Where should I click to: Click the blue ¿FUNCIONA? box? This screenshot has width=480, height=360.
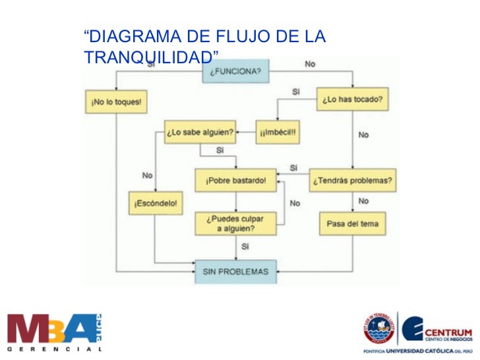(x=235, y=72)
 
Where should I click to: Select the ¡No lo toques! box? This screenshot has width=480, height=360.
(x=116, y=103)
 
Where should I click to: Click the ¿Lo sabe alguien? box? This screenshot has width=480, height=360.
(x=200, y=134)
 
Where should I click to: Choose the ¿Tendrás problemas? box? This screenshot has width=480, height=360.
(x=353, y=180)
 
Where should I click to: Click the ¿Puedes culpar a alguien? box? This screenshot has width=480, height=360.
(x=235, y=223)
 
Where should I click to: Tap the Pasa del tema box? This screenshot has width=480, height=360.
(x=353, y=224)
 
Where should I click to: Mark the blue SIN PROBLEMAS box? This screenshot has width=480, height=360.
(x=236, y=271)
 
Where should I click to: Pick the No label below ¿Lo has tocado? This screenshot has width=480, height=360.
(x=363, y=135)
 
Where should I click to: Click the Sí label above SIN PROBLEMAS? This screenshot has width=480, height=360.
(x=245, y=247)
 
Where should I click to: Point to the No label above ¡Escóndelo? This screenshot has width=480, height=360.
(x=147, y=175)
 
